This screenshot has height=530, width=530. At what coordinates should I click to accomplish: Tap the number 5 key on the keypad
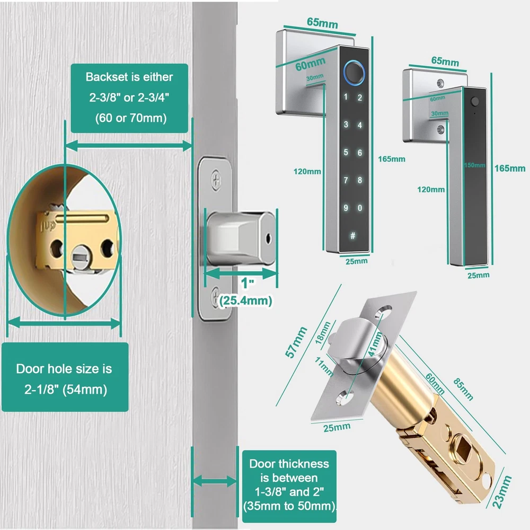point(346,153)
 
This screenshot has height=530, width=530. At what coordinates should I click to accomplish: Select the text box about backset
point(129,98)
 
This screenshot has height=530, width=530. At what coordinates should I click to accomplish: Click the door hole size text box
point(64,378)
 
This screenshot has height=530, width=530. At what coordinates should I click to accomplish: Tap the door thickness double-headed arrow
point(214,481)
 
